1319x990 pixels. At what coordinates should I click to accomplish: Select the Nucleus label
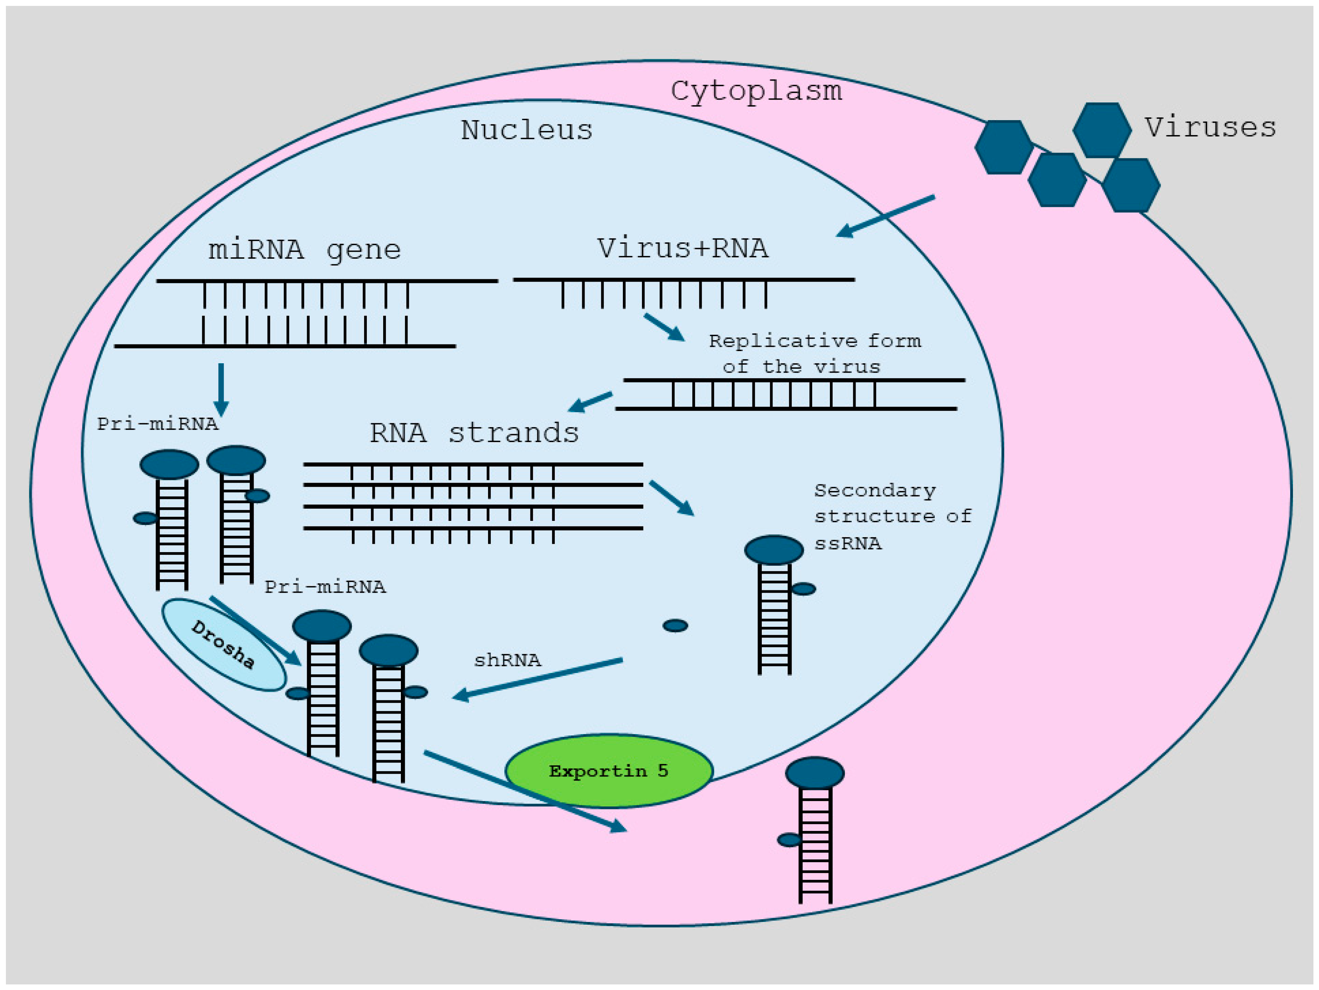tap(527, 130)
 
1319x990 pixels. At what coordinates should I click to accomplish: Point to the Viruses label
tap(1209, 127)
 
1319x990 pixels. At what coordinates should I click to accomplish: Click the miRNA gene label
tap(304, 249)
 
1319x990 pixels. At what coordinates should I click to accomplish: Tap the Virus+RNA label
tap(683, 248)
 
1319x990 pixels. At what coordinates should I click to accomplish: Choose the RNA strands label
tap(474, 433)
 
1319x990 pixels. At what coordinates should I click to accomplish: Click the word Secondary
tap(875, 491)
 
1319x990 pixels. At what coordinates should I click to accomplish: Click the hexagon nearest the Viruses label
tap(1102, 130)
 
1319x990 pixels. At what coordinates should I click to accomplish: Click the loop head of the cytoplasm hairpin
tap(815, 773)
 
